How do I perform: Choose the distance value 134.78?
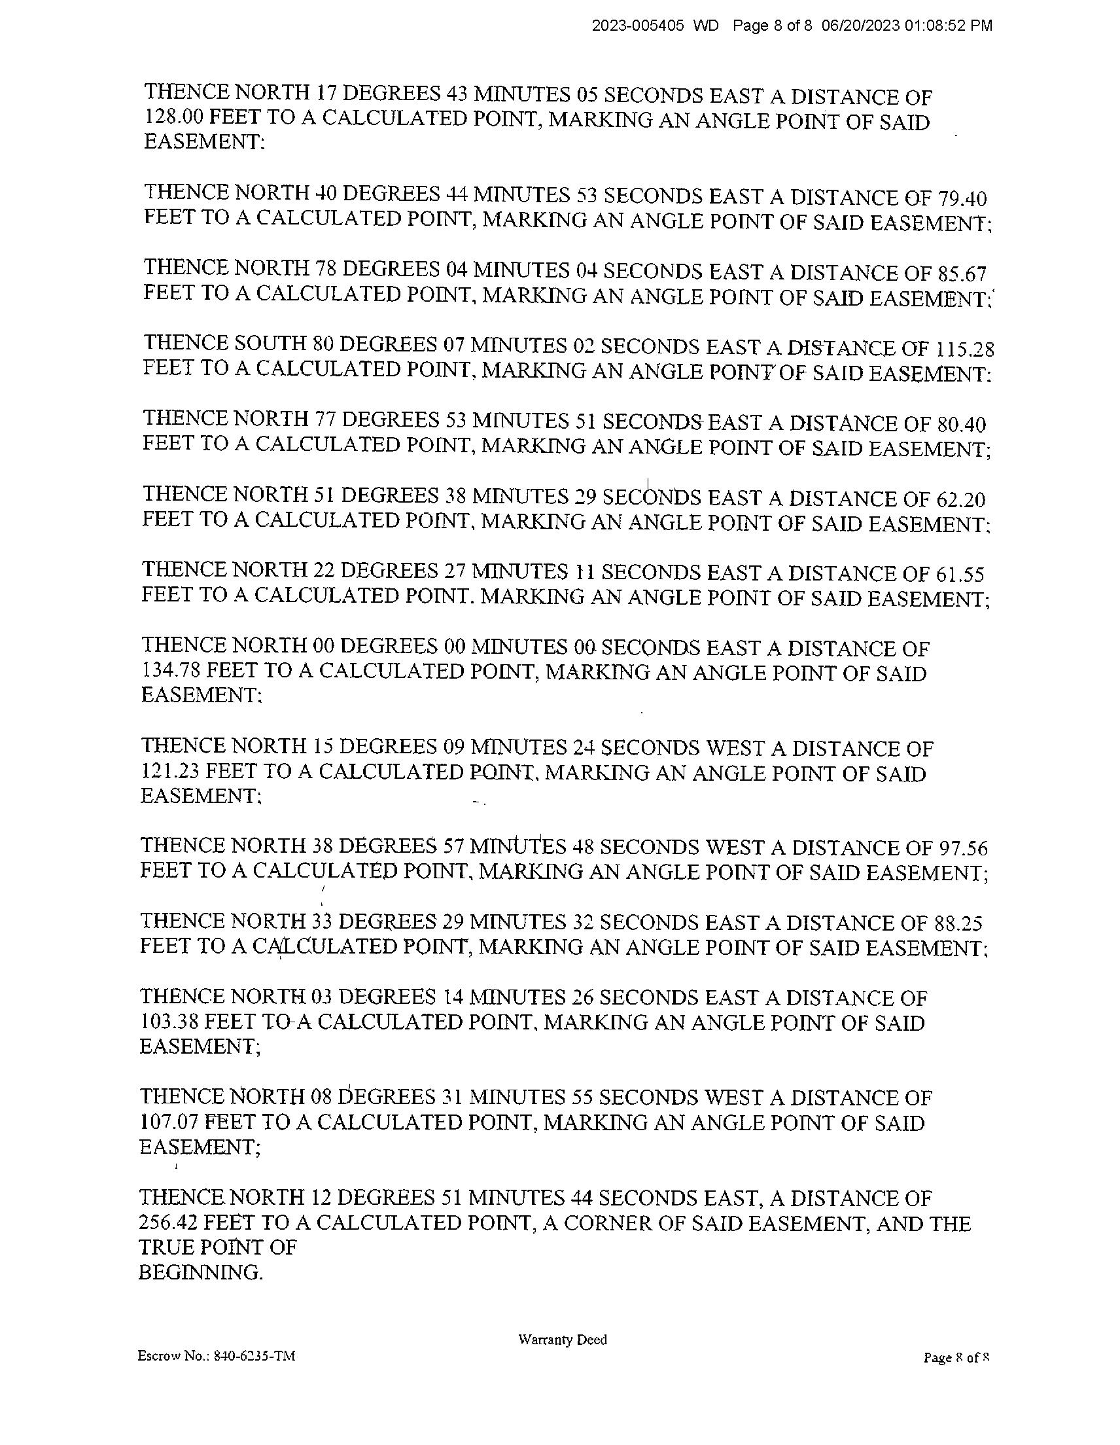tap(171, 671)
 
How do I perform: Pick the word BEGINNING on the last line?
tap(200, 1272)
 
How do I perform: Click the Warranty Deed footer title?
tap(563, 1340)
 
